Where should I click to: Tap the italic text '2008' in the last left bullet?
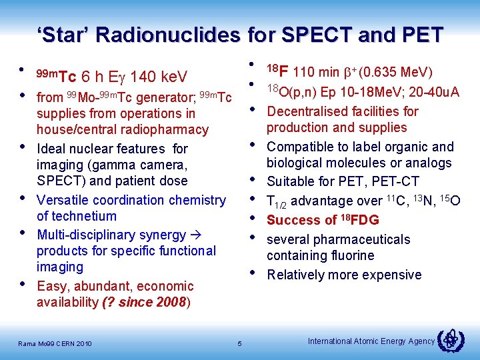[x=172, y=302]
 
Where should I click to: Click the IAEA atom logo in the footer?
[x=451, y=341]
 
